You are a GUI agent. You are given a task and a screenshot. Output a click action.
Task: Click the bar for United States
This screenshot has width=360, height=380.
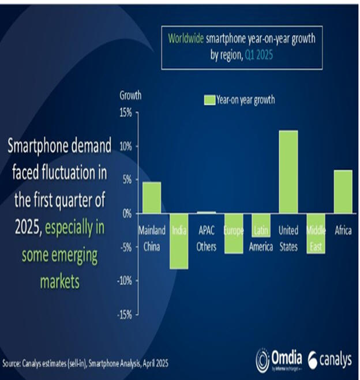288,172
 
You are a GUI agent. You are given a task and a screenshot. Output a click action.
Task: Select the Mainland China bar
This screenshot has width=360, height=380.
152,198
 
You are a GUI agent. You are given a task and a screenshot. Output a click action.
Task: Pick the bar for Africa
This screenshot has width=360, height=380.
343,191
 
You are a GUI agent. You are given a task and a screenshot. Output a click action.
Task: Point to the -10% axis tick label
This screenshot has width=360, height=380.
123,281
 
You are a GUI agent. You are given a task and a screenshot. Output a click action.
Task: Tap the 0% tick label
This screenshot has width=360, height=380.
126,214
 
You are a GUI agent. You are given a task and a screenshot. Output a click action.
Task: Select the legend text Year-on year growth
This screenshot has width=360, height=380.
245,100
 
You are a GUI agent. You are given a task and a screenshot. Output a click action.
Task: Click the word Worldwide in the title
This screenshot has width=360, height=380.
186,39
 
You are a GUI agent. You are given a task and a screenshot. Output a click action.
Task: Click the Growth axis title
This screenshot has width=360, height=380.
130,95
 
